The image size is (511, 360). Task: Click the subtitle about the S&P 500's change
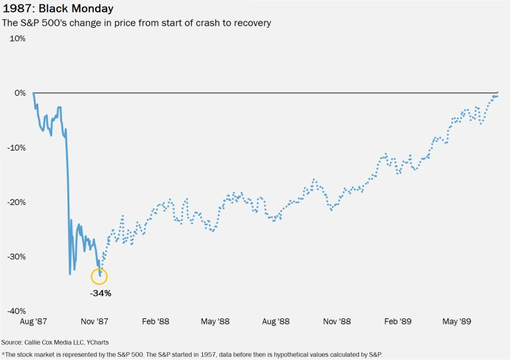point(137,23)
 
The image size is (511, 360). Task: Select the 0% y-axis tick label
point(20,93)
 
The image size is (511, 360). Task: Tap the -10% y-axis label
point(17,147)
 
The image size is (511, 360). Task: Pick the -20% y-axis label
point(17,202)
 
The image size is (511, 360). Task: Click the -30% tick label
point(17,256)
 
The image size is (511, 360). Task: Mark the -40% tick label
point(17,311)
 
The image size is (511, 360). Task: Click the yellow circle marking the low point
point(100,276)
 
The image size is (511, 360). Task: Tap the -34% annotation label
point(101,293)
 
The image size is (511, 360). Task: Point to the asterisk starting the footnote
point(3,354)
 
